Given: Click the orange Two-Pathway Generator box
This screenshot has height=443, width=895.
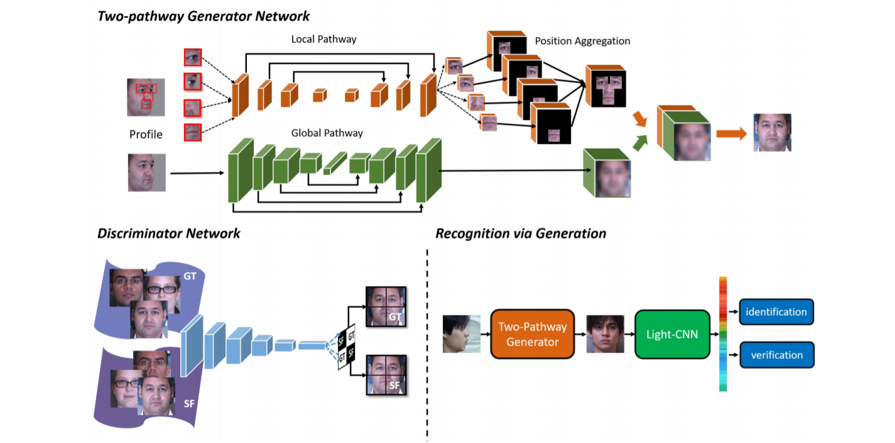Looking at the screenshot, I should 532,334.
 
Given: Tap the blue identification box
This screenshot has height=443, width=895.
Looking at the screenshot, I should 776,312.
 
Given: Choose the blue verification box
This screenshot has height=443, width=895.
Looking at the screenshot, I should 776,355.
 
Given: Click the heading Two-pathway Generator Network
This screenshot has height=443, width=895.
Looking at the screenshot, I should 203,15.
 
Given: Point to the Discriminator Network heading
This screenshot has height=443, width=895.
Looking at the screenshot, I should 168,234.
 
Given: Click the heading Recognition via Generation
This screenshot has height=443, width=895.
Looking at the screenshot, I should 521,234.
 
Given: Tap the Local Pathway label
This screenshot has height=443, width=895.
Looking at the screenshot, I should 323,39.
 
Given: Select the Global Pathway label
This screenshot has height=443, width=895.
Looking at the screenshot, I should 327,133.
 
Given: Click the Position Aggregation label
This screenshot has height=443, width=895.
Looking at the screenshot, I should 582,41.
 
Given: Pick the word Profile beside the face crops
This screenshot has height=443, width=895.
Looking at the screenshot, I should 146,134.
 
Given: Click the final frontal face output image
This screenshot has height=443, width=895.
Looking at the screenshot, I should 772,133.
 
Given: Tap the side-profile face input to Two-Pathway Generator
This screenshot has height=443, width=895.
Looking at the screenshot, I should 462,334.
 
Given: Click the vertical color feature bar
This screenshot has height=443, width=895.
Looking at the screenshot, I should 723,334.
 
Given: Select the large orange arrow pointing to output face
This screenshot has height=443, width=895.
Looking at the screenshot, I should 731,133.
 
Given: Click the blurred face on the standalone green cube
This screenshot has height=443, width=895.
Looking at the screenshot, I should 612,177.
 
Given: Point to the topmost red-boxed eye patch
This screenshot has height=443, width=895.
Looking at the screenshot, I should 193,57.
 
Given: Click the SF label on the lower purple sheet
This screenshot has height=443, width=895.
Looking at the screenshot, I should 188,403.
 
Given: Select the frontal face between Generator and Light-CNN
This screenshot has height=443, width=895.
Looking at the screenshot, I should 605,334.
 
